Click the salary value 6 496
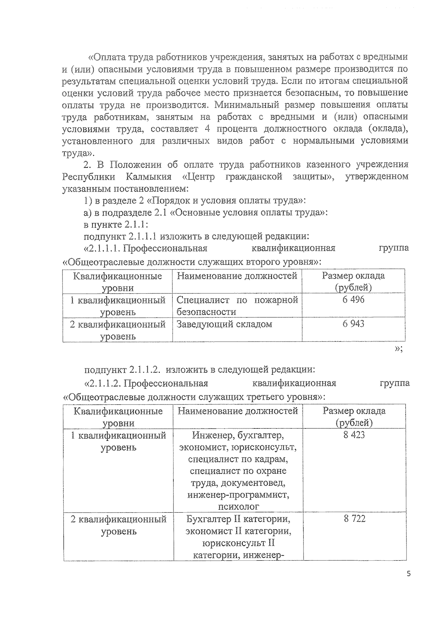tap(353, 300)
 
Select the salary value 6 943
tap(353, 324)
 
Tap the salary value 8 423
tap(354, 435)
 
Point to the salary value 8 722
tap(355, 519)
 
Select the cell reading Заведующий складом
tap(224, 324)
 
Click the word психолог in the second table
tap(239, 507)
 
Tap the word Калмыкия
tap(148, 177)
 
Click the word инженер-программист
tap(238, 495)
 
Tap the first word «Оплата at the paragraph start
tap(107, 57)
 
